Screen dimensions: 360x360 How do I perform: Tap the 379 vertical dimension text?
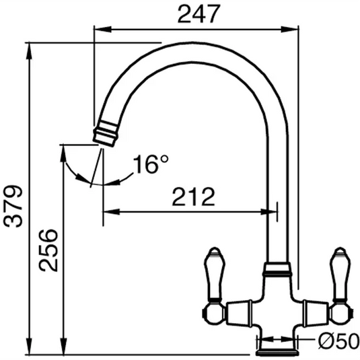[x=13, y=207]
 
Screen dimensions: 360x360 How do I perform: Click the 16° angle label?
[x=149, y=164]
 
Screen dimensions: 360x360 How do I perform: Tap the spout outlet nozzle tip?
[x=104, y=133]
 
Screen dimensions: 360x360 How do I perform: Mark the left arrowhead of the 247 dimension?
[x=98, y=29]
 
